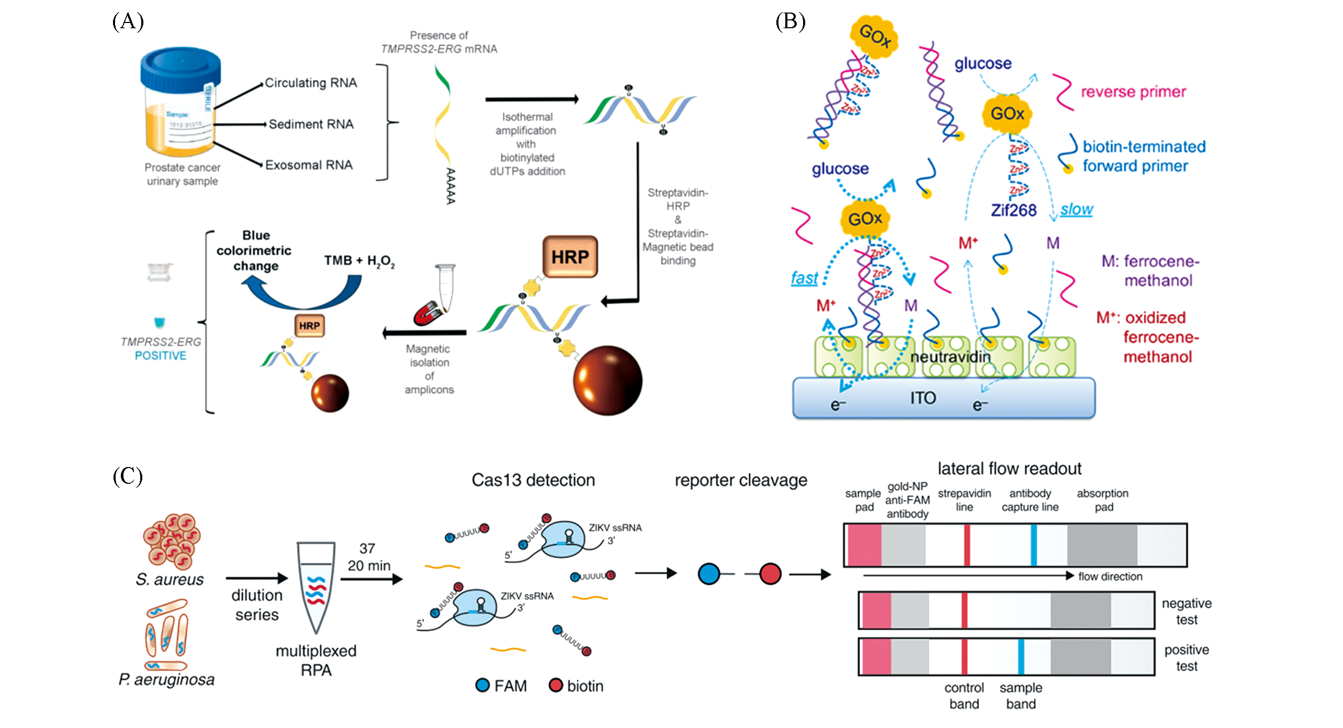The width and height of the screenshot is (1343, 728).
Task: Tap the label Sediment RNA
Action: (311, 124)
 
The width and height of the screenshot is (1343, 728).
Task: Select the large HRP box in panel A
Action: (570, 257)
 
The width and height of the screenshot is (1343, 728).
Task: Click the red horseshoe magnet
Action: (428, 314)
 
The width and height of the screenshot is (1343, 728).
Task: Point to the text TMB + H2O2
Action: (359, 260)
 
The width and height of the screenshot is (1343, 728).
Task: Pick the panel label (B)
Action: (790, 22)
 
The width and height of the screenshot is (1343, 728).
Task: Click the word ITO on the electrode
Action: (923, 398)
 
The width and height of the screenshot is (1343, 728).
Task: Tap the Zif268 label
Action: (1013, 210)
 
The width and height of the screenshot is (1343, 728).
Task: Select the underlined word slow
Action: (1077, 210)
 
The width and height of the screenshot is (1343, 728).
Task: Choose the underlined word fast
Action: (804, 278)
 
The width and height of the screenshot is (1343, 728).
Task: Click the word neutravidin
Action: (951, 357)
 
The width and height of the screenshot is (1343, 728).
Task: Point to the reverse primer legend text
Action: (1133, 92)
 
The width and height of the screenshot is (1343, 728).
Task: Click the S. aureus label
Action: (170, 579)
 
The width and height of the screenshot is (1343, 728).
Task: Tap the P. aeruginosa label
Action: (167, 679)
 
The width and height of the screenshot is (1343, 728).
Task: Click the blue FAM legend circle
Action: (482, 685)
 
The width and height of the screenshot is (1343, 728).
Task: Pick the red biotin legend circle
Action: (556, 685)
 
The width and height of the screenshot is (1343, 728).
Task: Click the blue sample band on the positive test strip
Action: (1021, 656)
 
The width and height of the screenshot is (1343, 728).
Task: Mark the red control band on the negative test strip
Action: (964, 610)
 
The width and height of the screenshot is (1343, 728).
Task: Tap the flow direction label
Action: (1110, 576)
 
